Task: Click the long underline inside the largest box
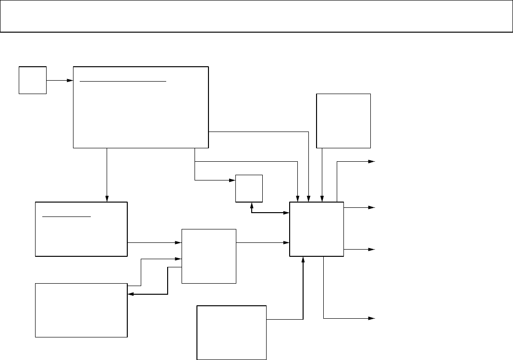122,82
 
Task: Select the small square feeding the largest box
33,80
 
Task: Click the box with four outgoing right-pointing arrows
317,229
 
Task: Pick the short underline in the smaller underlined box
67,216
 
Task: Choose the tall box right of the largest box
343,120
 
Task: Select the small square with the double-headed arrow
249,188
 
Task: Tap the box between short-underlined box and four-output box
209,256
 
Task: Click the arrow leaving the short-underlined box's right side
154,242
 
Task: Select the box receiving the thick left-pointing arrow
81,310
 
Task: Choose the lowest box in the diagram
232,332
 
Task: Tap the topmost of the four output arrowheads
371,162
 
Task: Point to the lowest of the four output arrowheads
371,318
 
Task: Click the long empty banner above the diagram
256,16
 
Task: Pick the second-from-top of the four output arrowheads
371,208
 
